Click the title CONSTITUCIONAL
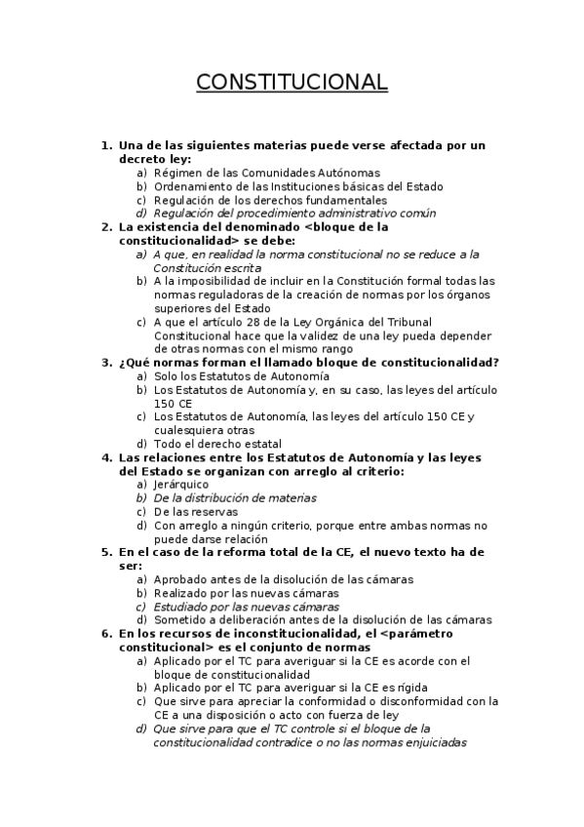[292, 82]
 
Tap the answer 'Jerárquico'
[181, 484]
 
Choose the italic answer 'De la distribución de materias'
[235, 497]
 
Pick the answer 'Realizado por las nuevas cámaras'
[246, 592]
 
